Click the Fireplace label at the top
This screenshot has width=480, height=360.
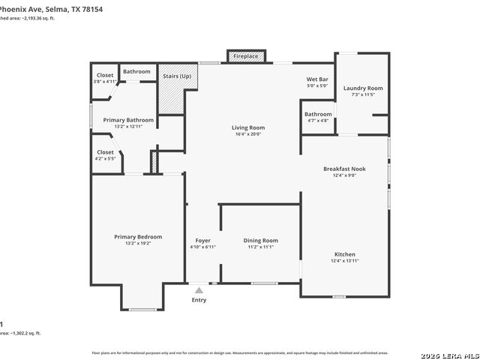[x=245, y=56]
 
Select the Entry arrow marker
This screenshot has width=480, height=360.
[x=199, y=289]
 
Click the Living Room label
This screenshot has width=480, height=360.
[x=247, y=127]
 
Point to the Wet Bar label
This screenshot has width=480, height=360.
[x=318, y=79]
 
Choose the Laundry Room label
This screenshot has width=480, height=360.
[x=363, y=88]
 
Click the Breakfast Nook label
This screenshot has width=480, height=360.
[x=344, y=169]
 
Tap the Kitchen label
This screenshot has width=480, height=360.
[x=344, y=254]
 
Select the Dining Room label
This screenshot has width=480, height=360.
[x=260, y=240]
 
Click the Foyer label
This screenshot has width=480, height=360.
[x=202, y=240]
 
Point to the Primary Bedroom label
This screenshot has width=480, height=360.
[x=138, y=236]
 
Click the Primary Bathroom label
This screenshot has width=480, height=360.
[x=128, y=120]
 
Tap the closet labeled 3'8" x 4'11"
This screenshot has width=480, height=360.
[x=104, y=81]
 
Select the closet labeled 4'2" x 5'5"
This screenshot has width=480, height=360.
[x=105, y=158]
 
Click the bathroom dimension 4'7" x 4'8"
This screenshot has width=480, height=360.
[x=318, y=120]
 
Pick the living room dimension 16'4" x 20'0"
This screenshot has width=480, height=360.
[x=247, y=134]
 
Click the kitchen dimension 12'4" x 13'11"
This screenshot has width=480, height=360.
[x=344, y=261]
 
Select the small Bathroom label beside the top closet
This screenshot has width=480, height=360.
[x=136, y=71]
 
